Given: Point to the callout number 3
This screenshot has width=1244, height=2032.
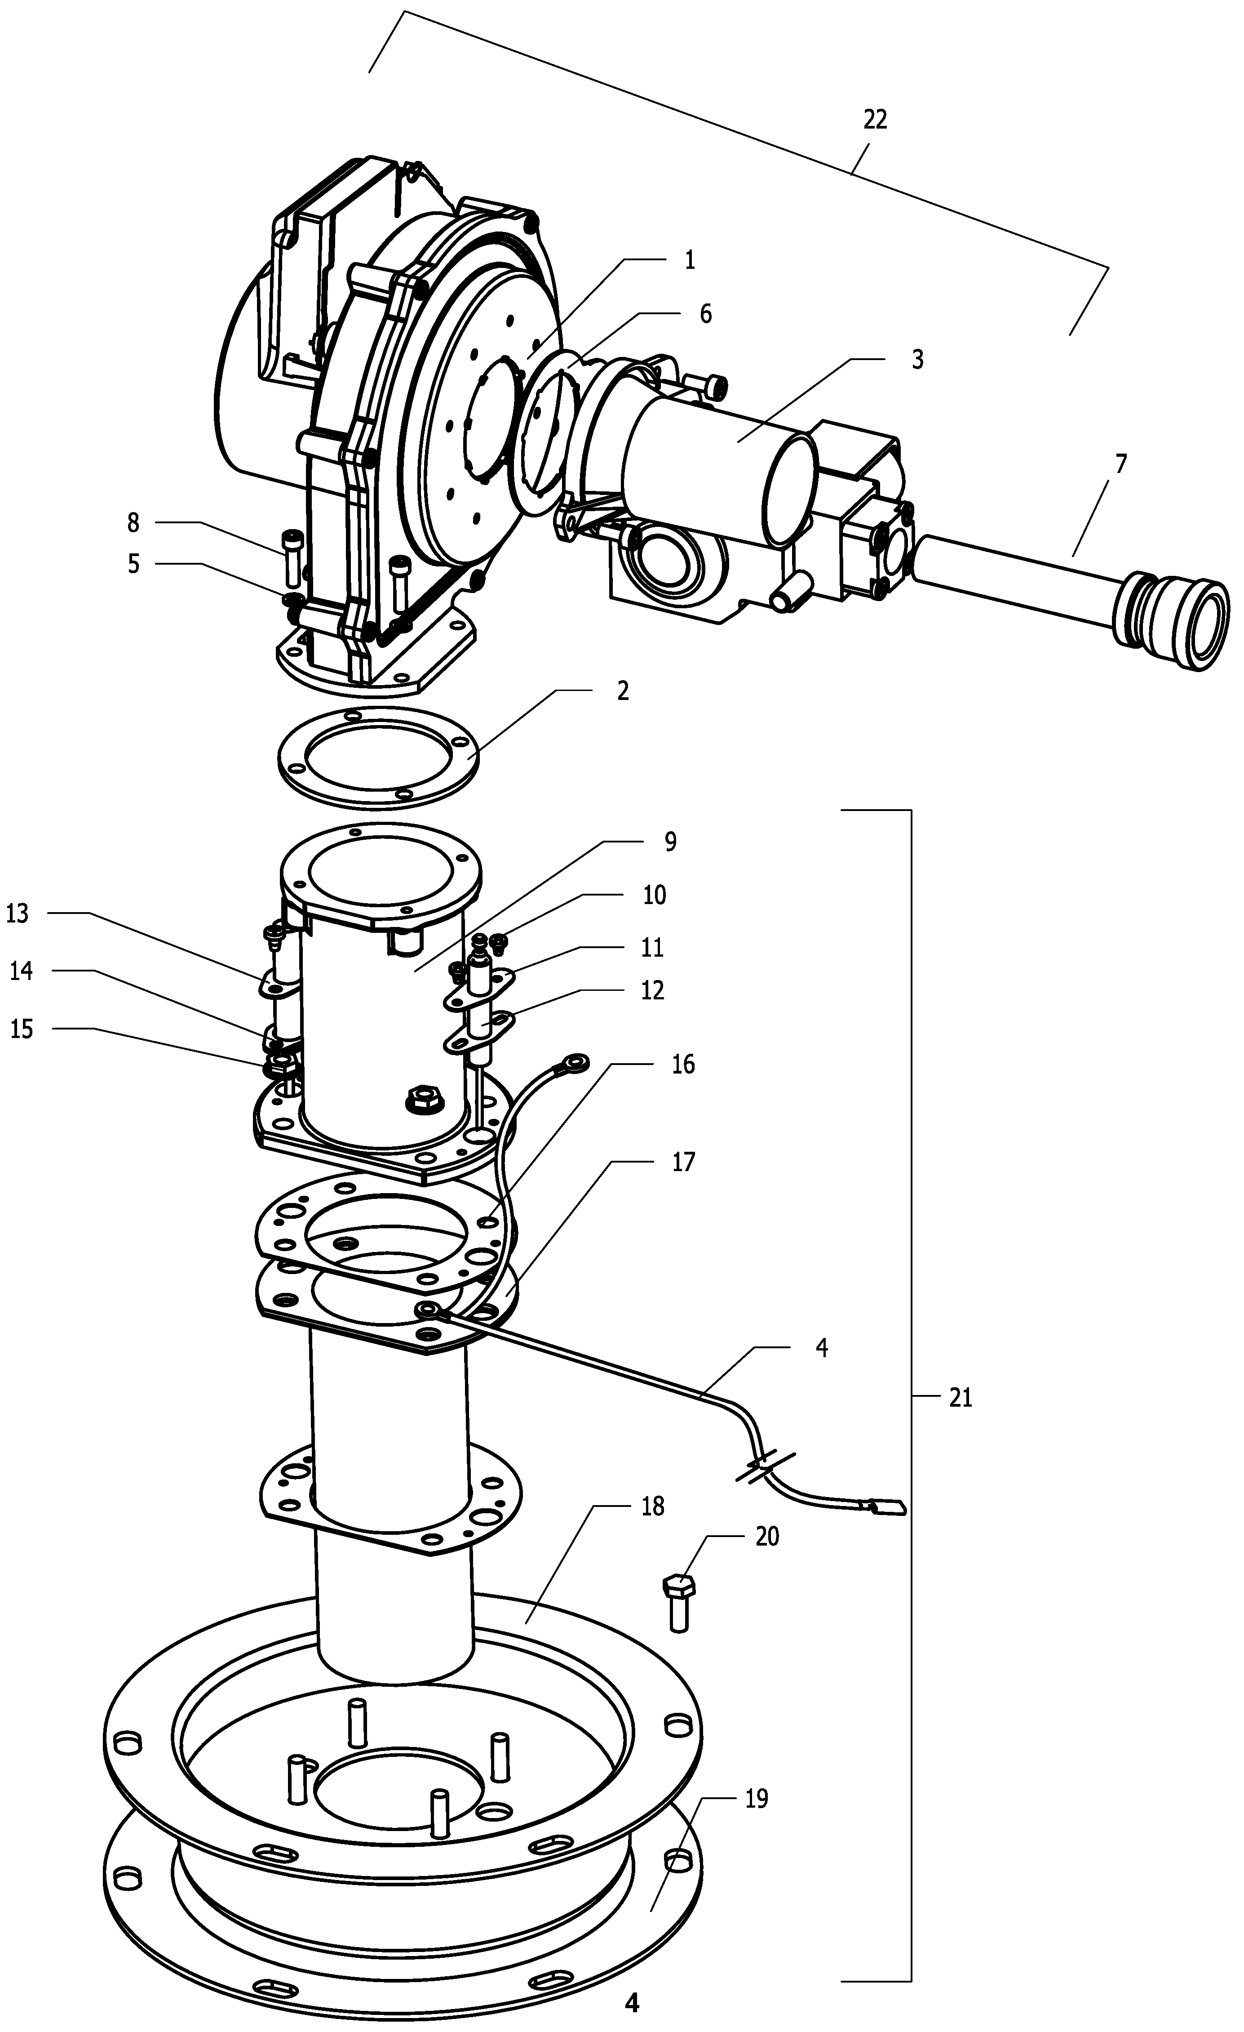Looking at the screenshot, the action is pyautogui.click(x=917, y=360).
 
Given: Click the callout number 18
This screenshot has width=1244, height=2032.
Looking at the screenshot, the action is pyautogui.click(x=652, y=1506).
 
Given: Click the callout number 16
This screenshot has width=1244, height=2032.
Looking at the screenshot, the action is pyautogui.click(x=682, y=1065).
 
